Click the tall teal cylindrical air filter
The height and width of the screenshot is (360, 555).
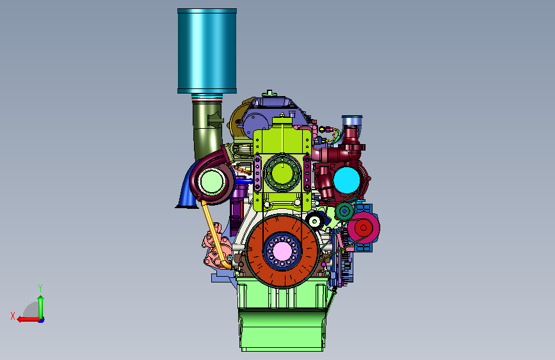(207, 51)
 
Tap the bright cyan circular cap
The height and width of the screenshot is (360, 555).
(346, 180)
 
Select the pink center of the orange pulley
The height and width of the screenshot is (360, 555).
(282, 250)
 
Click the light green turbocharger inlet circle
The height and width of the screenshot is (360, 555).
(212, 181)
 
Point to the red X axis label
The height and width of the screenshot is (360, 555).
(13, 316)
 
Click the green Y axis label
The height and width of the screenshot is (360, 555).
(40, 288)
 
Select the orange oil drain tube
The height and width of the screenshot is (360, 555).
(215, 234)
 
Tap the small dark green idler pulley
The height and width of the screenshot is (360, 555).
(344, 211)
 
